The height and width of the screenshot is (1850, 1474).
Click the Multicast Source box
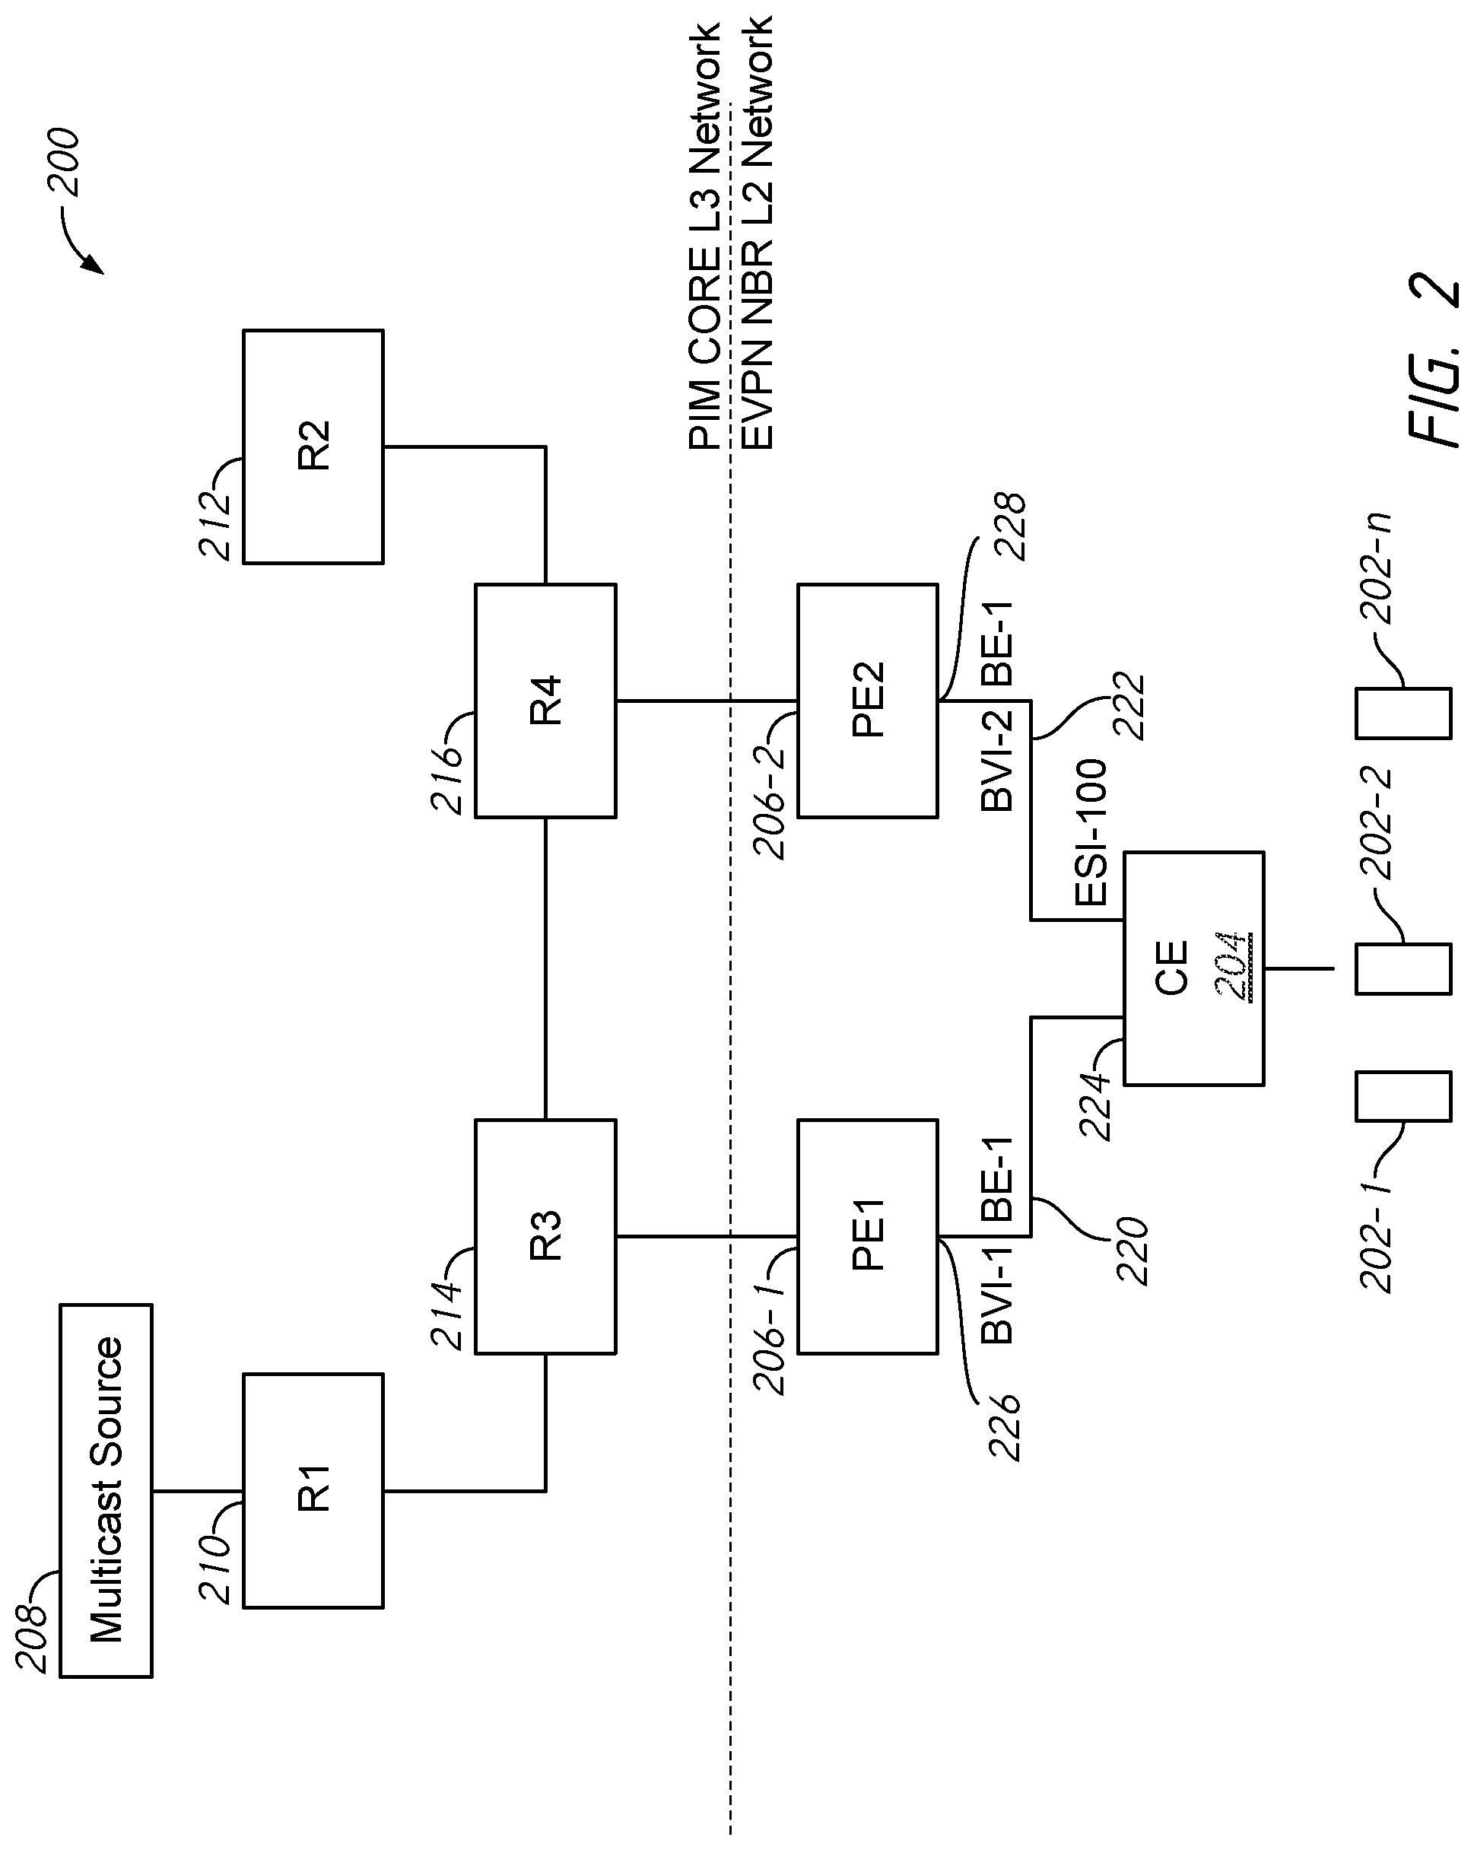pos(106,1490)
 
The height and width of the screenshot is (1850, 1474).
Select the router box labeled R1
pos(313,1490)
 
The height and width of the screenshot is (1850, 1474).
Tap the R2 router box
pos(313,447)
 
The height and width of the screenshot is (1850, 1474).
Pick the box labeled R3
pos(545,1236)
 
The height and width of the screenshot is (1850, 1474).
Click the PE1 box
pos(867,1236)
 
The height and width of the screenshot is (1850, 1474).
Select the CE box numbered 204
pos(1193,969)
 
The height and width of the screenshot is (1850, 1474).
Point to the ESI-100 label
pos(1091,832)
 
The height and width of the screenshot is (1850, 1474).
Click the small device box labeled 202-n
pos(1403,713)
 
